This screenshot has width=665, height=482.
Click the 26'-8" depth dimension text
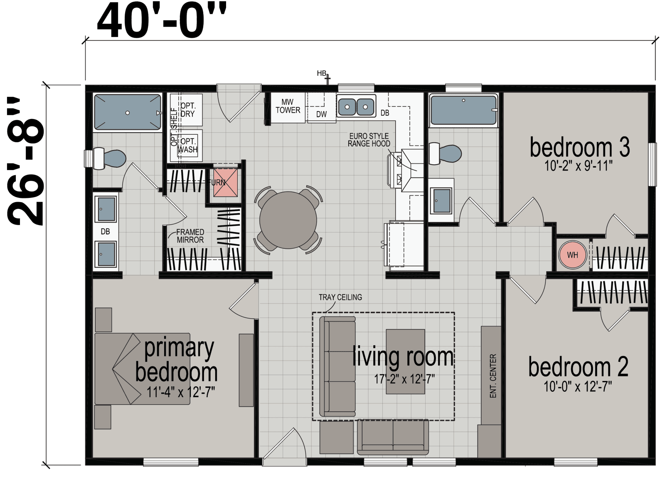(x=26, y=162)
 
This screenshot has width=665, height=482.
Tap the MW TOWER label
(x=288, y=106)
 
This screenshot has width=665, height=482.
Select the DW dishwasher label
(x=321, y=114)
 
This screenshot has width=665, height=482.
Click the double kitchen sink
(x=356, y=107)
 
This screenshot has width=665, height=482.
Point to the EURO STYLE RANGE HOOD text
(x=369, y=140)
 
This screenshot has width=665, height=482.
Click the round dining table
(x=288, y=220)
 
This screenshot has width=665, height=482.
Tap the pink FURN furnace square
(x=226, y=182)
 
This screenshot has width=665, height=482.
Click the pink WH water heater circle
(x=572, y=255)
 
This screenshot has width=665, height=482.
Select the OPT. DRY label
(x=187, y=110)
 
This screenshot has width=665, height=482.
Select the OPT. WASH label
(x=188, y=145)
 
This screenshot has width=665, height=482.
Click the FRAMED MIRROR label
(x=190, y=236)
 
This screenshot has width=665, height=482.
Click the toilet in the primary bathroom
(x=110, y=158)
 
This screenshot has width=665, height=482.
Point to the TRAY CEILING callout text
(x=340, y=297)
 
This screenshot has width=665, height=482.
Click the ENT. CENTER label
(x=493, y=376)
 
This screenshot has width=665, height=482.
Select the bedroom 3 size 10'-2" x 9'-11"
(x=578, y=166)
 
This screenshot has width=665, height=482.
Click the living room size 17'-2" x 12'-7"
(x=404, y=379)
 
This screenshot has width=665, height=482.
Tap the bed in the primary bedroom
(x=141, y=368)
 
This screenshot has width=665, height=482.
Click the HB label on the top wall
(x=321, y=73)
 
